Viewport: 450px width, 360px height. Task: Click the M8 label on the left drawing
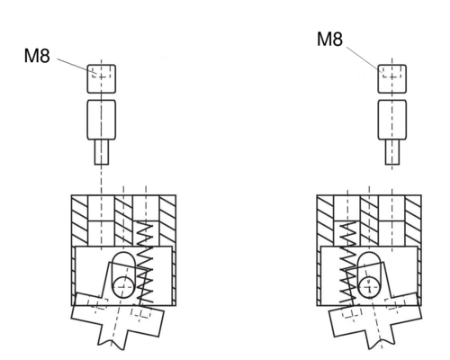tap(37, 56)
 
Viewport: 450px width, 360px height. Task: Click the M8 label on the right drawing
tap(329, 39)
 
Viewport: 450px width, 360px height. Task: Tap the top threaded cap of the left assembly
tap(102, 78)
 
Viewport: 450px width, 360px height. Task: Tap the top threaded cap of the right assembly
tap(392, 78)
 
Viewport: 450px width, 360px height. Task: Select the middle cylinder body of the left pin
tap(102, 120)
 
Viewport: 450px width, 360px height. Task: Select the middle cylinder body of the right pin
tap(392, 120)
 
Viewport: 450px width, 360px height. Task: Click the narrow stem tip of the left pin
tap(102, 152)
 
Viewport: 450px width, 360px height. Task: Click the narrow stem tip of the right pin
tap(392, 152)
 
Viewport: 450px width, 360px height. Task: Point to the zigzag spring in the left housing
tap(145, 263)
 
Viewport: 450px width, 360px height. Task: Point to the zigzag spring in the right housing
tap(348, 263)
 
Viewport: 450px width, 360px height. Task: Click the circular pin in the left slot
tap(123, 287)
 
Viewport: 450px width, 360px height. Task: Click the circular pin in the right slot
tap(369, 287)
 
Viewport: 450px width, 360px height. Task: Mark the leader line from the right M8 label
tap(364, 59)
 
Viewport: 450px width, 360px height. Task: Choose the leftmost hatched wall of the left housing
tap(80, 220)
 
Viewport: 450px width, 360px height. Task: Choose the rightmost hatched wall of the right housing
tap(413, 220)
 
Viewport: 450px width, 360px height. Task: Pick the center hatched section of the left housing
tap(123, 220)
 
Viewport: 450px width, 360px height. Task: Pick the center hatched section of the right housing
tap(369, 220)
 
